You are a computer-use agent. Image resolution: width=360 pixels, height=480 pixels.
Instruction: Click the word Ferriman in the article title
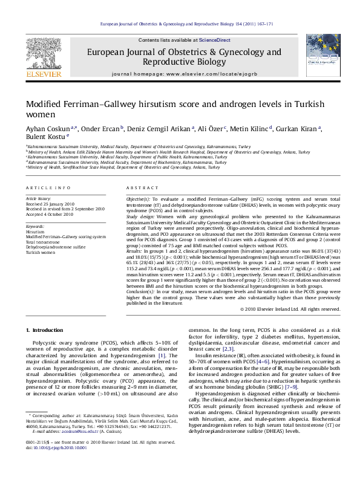[85, 105]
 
